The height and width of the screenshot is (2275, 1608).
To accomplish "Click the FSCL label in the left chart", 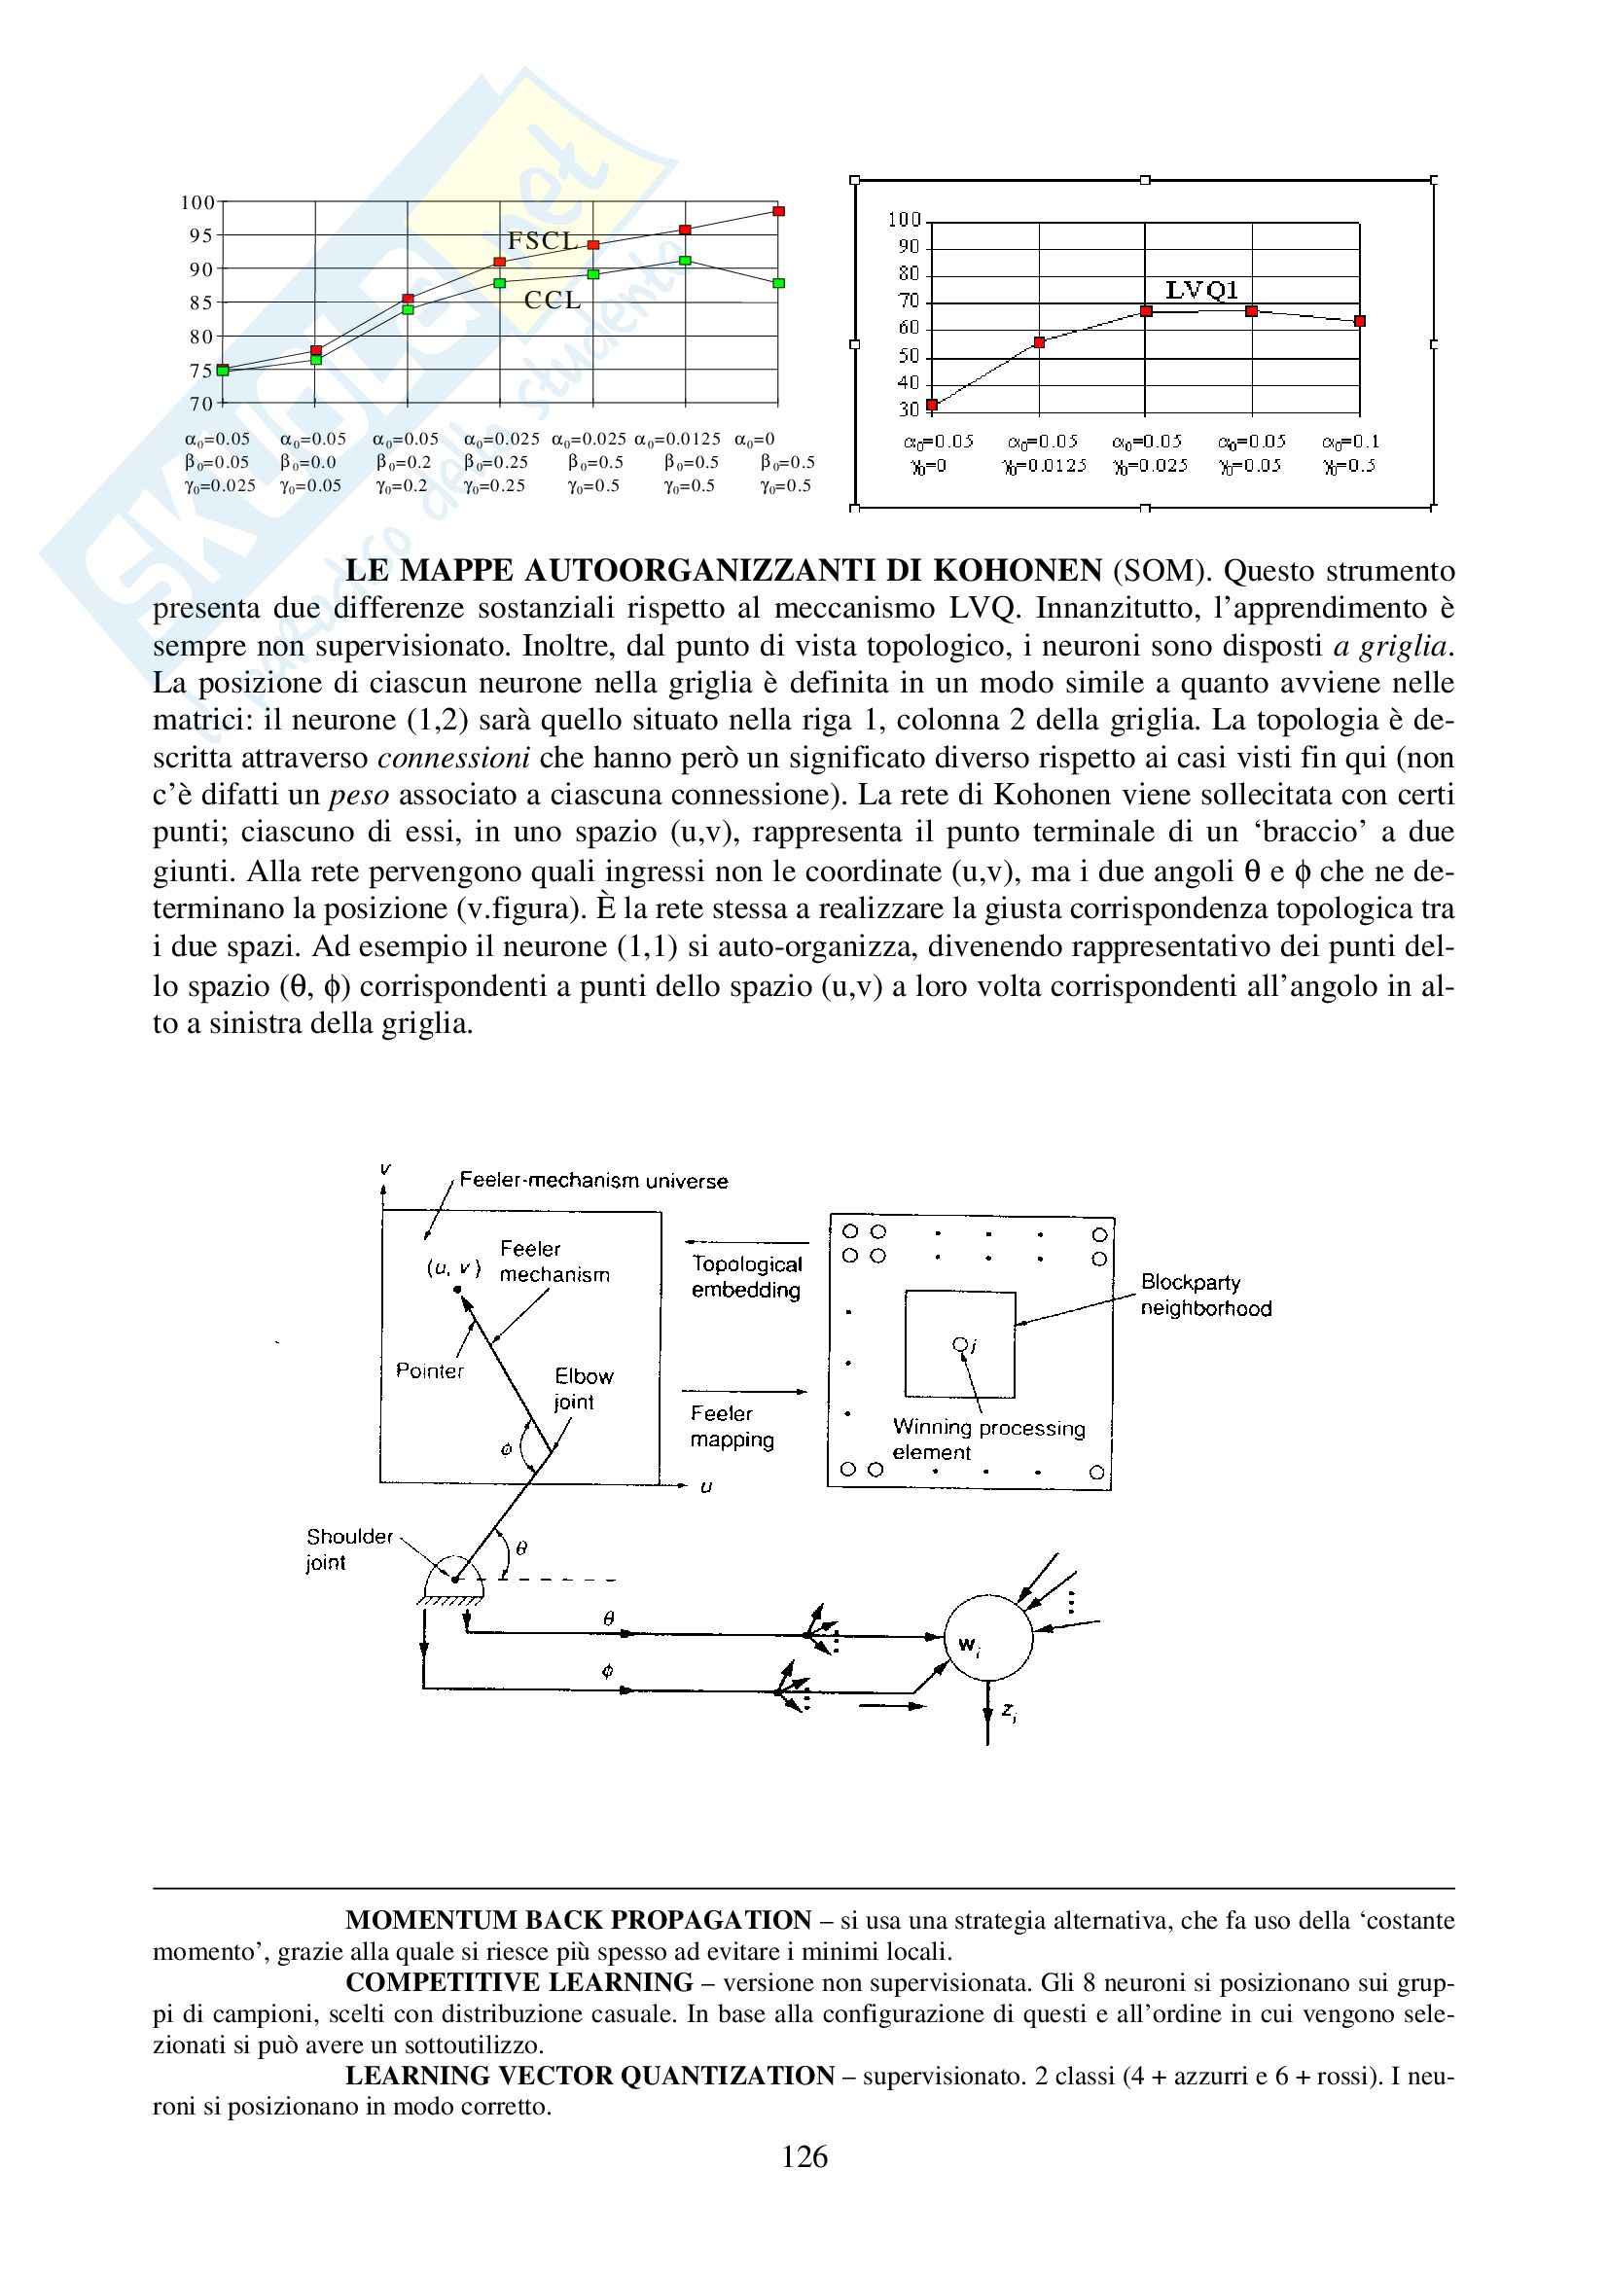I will (x=542, y=241).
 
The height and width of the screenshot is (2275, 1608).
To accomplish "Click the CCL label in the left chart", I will (x=552, y=301).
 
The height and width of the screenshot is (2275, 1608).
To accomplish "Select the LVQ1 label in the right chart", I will (x=1200, y=290).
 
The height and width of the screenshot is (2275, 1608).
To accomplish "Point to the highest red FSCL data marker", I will (x=779, y=211).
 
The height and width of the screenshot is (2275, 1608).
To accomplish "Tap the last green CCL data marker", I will (x=779, y=283).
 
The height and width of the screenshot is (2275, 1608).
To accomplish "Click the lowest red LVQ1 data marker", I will (x=931, y=405).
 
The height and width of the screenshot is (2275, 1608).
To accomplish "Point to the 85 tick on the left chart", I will (x=201, y=303).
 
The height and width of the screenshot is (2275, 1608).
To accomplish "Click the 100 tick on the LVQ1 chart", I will (x=904, y=220).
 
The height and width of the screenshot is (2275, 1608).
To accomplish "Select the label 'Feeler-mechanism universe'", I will (x=593, y=1181).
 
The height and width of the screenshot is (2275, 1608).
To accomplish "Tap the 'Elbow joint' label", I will (x=583, y=1388).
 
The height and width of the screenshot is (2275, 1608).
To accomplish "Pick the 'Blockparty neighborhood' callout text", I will (x=1204, y=1295).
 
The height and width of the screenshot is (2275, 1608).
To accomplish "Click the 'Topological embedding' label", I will (x=746, y=1276).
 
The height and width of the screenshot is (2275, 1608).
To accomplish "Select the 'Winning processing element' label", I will (x=987, y=1439).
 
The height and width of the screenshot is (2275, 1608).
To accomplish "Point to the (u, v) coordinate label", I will (x=452, y=1267).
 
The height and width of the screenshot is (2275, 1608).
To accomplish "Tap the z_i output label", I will (x=1008, y=1711).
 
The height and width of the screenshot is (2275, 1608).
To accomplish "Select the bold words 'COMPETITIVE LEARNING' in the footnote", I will (x=518, y=1982).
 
